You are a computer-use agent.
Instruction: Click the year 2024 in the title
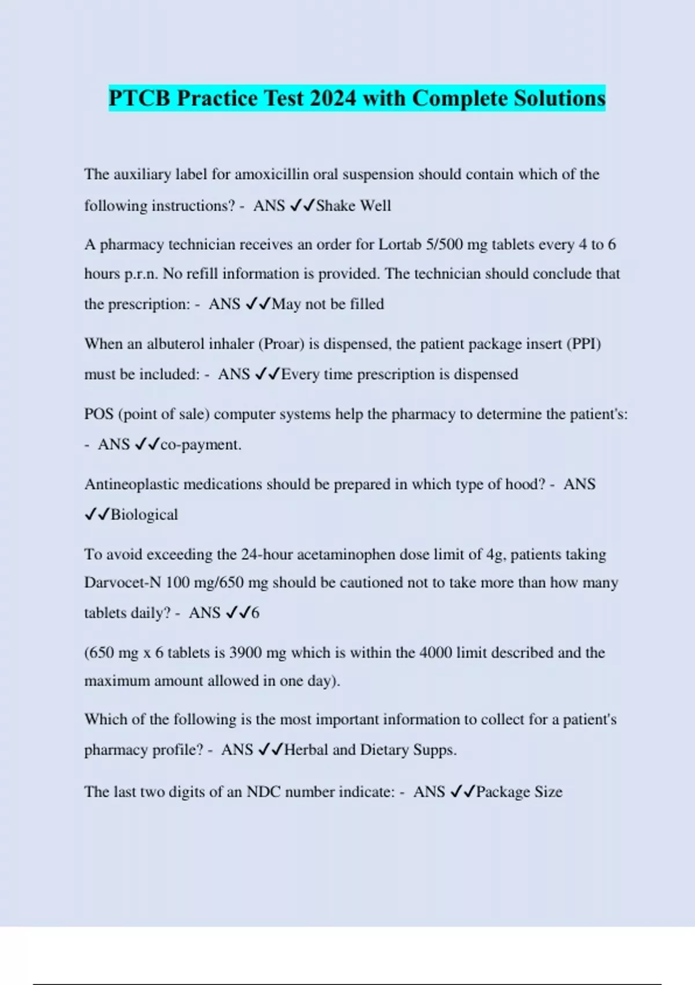tap(333, 98)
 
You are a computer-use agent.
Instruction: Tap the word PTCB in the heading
tap(140, 98)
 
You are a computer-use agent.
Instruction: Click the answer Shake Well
tap(353, 206)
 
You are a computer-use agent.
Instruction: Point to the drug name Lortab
tap(400, 245)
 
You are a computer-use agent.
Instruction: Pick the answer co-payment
tap(200, 445)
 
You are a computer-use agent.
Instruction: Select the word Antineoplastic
tap(131, 484)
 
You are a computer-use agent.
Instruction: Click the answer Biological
tap(144, 515)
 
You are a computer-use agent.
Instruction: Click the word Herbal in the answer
tap(306, 750)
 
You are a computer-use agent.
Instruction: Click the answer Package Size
tap(519, 792)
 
